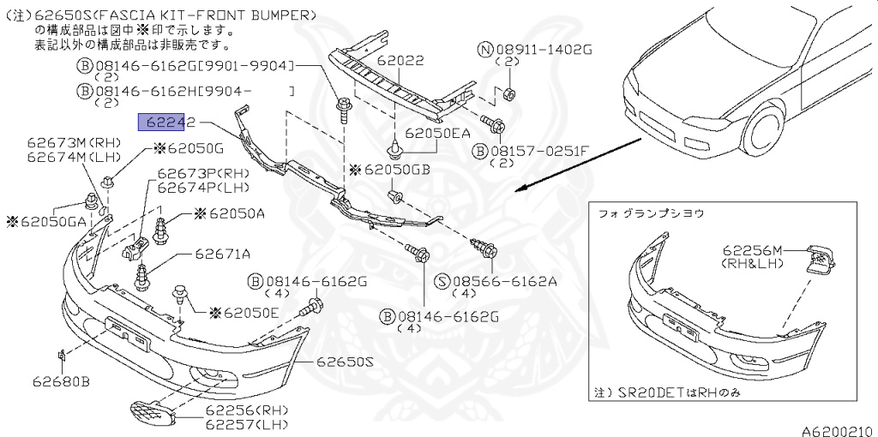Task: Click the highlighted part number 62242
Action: [168, 122]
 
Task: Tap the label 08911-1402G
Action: [543, 51]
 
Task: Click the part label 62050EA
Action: [438, 133]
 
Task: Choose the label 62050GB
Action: [397, 170]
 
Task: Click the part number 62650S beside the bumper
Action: [346, 362]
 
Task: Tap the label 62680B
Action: [62, 380]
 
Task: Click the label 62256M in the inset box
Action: [753, 250]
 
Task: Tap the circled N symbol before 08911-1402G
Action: [485, 51]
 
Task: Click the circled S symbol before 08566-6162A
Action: [442, 280]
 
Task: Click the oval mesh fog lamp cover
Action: [152, 416]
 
